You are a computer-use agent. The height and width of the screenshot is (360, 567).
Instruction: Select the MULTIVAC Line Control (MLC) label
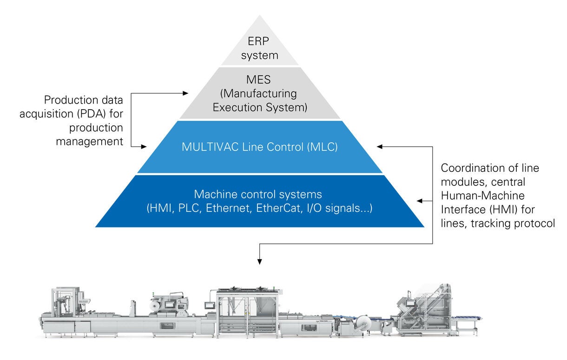point(259,147)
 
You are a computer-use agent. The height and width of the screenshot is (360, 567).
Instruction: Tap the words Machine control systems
point(257,194)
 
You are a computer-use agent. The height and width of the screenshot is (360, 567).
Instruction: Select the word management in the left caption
point(89,141)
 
